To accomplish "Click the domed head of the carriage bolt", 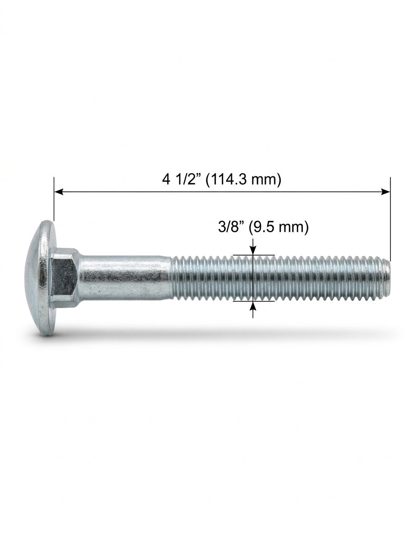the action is point(40,278).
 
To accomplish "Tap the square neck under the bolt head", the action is point(65,278).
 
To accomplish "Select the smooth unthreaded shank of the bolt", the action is point(126,278).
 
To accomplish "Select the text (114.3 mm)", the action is point(243,180).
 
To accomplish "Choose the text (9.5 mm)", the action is point(278,227).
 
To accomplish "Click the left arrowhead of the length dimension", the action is point(59,192).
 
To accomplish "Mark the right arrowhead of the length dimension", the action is point(386,192).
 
